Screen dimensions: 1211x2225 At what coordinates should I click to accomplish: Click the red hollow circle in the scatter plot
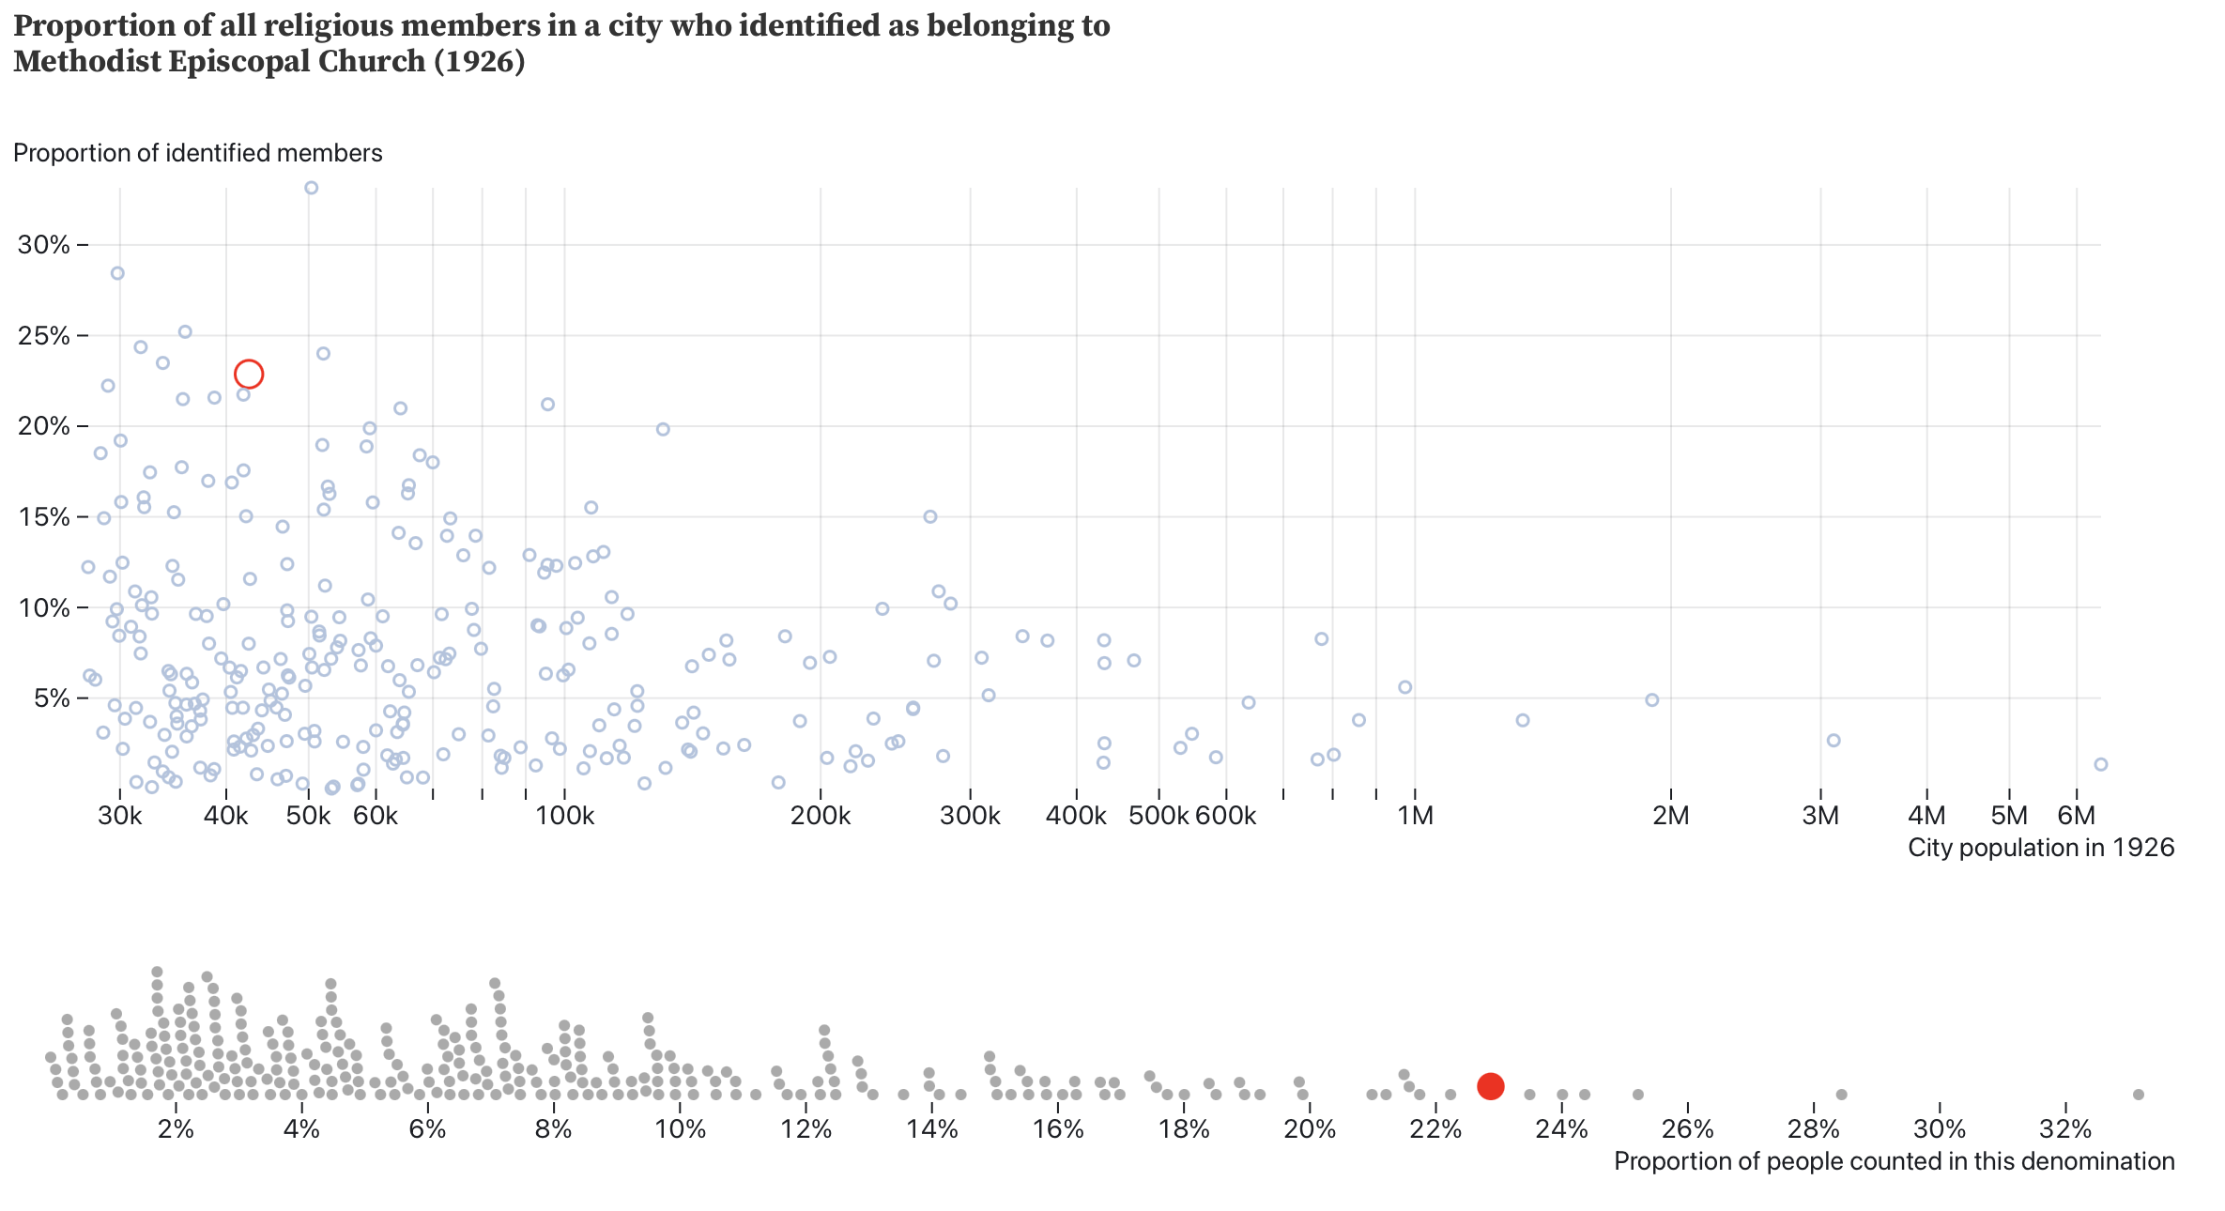click(248, 375)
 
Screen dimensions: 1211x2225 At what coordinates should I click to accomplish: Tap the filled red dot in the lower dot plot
click(1490, 1086)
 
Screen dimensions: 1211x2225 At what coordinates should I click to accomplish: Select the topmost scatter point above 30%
click(312, 188)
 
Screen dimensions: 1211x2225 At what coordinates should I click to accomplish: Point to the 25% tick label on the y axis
click(44, 336)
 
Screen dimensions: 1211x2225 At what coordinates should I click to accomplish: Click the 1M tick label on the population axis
click(1415, 816)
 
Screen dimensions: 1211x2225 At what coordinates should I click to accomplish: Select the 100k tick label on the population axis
click(565, 816)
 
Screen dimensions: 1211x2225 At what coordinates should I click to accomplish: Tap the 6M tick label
click(2077, 816)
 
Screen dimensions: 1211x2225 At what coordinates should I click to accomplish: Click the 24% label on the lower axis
click(1562, 1129)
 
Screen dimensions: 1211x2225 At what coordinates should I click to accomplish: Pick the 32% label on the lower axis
click(2065, 1129)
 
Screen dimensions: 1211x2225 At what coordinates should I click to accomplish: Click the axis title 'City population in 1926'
click(2041, 849)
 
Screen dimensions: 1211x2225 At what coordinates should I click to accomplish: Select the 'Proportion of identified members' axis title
click(198, 153)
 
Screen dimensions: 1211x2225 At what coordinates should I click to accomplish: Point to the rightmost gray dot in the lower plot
click(2139, 1095)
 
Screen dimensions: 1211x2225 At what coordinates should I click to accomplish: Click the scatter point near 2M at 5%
click(1652, 700)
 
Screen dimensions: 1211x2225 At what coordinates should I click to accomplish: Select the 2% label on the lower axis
click(176, 1129)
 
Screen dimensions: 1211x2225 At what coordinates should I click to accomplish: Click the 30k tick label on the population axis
click(120, 816)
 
